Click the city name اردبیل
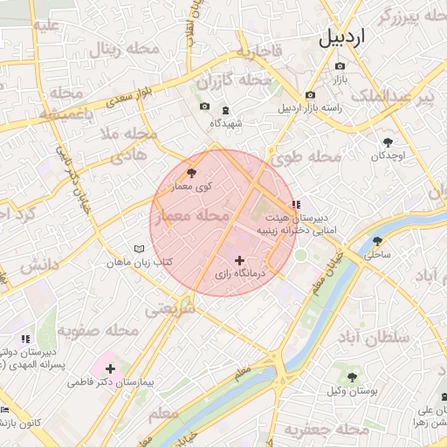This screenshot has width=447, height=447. point(344,37)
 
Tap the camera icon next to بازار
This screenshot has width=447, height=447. point(340,66)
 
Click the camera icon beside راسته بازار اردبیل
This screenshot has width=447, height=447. point(310,95)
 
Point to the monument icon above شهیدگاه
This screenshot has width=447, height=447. point(226,110)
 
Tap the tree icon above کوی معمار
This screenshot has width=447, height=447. point(192,174)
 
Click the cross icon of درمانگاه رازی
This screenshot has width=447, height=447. point(240,260)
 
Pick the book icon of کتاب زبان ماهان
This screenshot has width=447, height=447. point(140,249)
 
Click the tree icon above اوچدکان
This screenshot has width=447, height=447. point(388,141)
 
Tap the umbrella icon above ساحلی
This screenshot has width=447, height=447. point(378,241)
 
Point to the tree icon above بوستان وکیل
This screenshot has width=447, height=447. point(352,378)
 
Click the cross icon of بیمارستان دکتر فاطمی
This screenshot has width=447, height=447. point(110,369)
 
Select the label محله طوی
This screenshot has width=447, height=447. point(312,157)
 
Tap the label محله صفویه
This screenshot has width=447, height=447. point(99,332)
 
